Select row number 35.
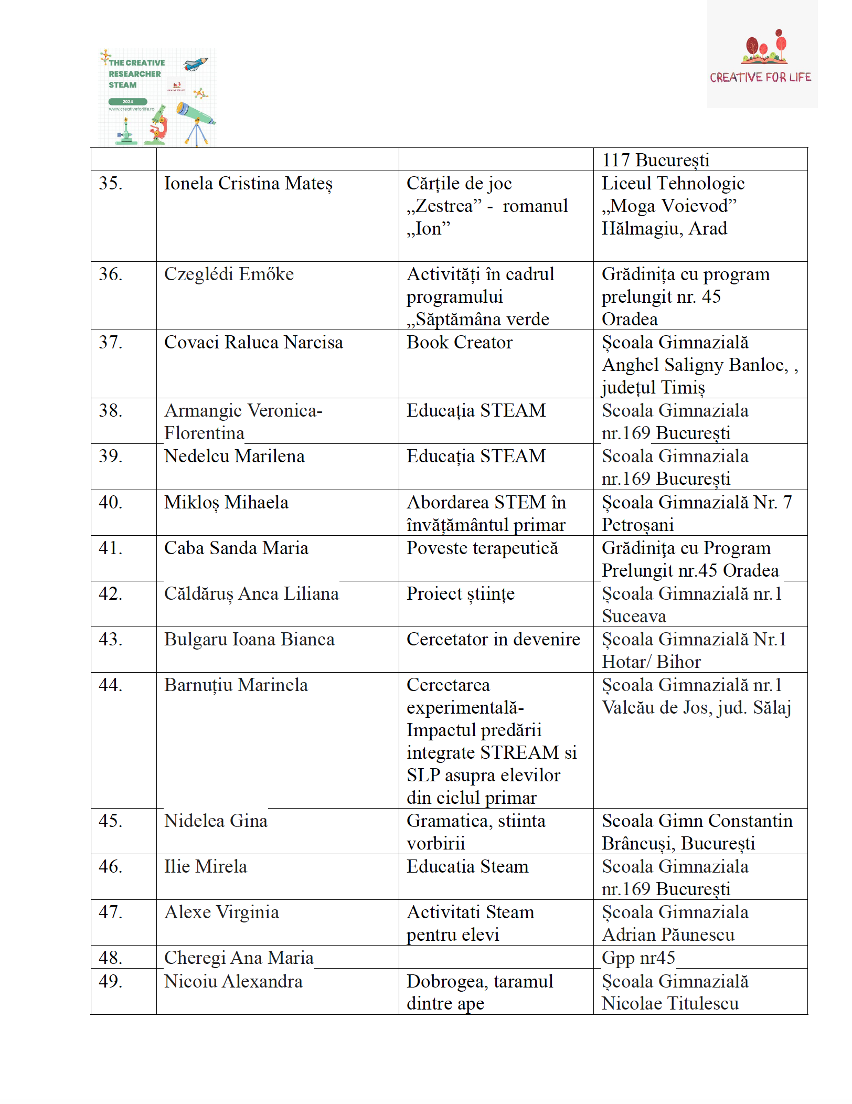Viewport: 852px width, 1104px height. (110, 183)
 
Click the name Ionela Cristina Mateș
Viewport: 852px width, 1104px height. (248, 184)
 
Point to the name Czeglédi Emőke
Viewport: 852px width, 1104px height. (229, 274)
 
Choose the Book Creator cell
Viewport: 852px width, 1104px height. (459, 342)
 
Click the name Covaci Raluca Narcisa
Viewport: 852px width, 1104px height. (253, 342)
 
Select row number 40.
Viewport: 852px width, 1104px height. (110, 502)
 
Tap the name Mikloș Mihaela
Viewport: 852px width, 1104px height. (226, 502)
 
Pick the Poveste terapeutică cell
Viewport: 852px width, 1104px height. (482, 548)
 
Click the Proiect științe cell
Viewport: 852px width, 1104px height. (460, 593)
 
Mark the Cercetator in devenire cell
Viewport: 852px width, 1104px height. (493, 639)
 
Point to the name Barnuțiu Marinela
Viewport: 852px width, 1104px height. (236, 685)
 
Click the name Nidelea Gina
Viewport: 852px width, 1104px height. (216, 821)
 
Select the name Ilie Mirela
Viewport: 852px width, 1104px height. (205, 866)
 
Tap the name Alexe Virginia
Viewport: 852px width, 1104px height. (221, 912)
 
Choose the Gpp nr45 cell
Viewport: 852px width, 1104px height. (638, 958)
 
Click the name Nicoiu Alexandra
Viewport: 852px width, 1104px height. (233, 981)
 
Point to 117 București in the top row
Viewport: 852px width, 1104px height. (655, 160)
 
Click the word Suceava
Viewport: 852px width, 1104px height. (634, 616)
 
